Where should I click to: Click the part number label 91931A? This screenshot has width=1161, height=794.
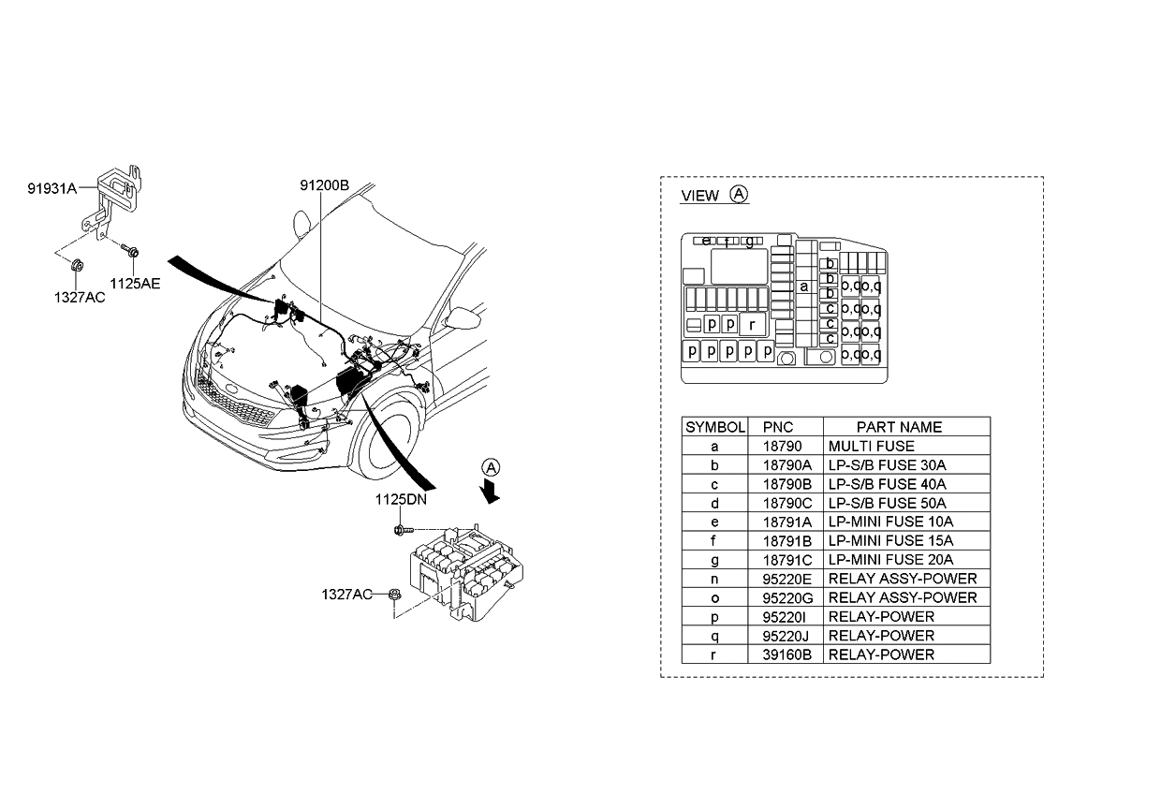[51, 188]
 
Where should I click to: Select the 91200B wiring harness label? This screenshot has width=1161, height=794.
[324, 185]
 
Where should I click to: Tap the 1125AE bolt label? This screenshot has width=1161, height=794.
[135, 283]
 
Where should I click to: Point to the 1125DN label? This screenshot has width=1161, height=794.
[401, 501]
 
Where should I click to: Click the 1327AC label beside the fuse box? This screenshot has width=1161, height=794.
[346, 594]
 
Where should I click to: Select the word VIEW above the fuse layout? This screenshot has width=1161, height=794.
[699, 196]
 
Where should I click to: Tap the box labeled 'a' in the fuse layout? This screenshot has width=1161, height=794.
[803, 287]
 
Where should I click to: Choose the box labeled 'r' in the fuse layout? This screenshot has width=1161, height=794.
[752, 325]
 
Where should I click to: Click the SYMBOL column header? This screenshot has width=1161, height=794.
[715, 427]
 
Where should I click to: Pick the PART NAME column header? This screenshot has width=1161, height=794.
[899, 427]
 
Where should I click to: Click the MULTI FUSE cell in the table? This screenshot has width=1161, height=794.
[871, 447]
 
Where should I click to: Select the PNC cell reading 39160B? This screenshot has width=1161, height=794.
[785, 654]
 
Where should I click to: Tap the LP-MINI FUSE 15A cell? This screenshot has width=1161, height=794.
[890, 540]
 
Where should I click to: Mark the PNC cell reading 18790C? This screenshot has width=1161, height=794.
[785, 503]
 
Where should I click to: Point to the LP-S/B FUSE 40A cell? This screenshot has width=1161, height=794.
[887, 484]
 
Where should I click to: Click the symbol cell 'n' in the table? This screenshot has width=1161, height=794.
[715, 579]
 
